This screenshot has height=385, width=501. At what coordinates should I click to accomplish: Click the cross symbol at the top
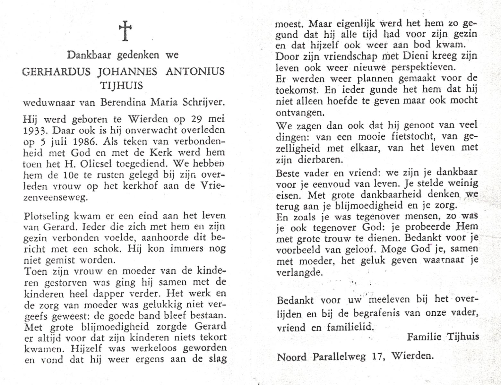click(x=125, y=31)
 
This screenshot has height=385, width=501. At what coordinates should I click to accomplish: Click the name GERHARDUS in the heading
click(x=56, y=71)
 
